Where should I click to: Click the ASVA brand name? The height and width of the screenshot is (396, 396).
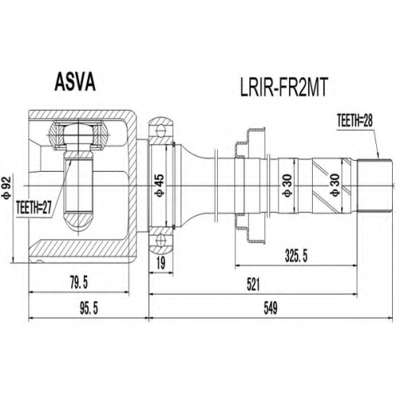(74, 82)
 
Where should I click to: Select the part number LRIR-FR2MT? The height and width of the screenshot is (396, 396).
(284, 88)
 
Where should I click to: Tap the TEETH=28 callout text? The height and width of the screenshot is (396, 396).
(355, 121)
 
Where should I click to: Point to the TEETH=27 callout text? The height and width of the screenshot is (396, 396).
(33, 207)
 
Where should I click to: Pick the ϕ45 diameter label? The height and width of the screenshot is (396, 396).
(160, 185)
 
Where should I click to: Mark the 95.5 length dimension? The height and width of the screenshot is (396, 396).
(89, 308)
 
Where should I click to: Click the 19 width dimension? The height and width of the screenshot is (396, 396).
(161, 263)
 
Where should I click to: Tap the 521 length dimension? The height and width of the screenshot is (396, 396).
(253, 284)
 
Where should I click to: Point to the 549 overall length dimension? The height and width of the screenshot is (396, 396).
(271, 308)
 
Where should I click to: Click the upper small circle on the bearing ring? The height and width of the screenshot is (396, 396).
(160, 131)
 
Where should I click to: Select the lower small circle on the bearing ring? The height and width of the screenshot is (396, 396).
(160, 241)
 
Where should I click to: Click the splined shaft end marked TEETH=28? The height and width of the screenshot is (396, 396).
(375, 185)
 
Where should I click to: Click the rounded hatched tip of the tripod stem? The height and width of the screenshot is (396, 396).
(78, 221)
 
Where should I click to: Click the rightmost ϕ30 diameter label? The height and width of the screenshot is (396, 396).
(335, 185)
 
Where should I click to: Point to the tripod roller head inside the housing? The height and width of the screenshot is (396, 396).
(78, 135)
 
